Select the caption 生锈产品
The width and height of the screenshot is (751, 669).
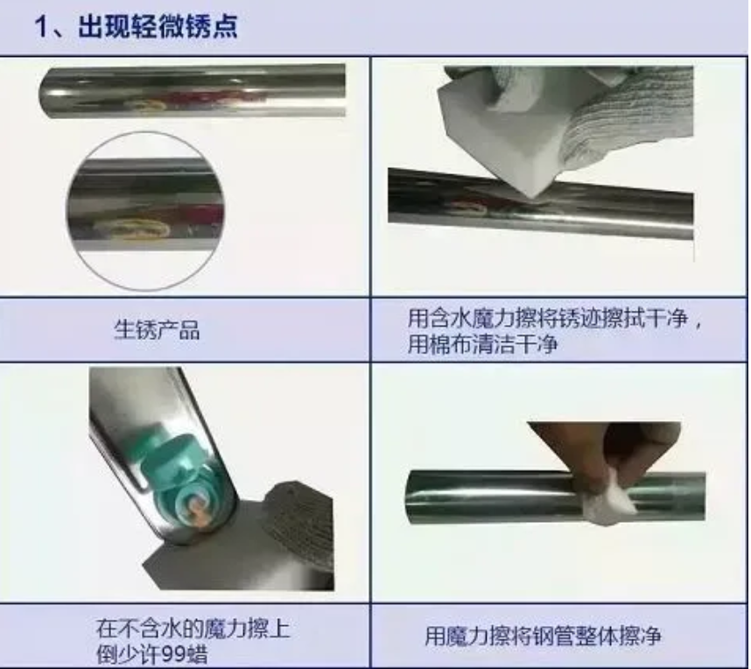coord(157,330)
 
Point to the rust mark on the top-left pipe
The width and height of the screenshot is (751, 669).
coord(145,104)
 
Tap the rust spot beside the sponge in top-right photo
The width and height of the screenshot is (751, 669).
coord(469,208)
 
